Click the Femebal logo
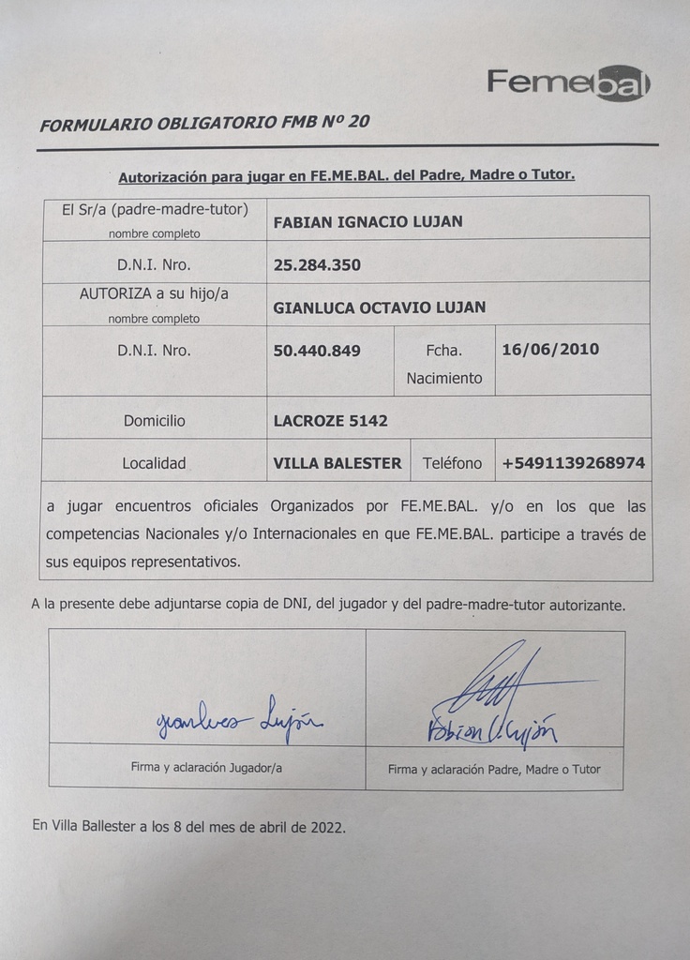tap(568, 82)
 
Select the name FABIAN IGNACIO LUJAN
tap(367, 222)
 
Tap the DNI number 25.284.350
tap(317, 265)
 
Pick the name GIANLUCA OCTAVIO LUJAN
tap(380, 307)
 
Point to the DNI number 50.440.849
tap(317, 351)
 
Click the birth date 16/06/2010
tap(550, 350)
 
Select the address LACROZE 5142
tap(330, 421)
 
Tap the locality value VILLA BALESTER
tap(337, 463)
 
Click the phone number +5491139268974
tap(573, 463)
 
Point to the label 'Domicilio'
tap(154, 421)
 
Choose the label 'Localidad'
tap(154, 463)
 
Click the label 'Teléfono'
tap(452, 463)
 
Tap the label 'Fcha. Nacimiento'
tap(444, 365)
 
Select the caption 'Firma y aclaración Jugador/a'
tap(206, 767)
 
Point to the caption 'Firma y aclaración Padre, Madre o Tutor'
tap(494, 769)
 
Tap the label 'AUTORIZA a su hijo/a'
tap(154, 293)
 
